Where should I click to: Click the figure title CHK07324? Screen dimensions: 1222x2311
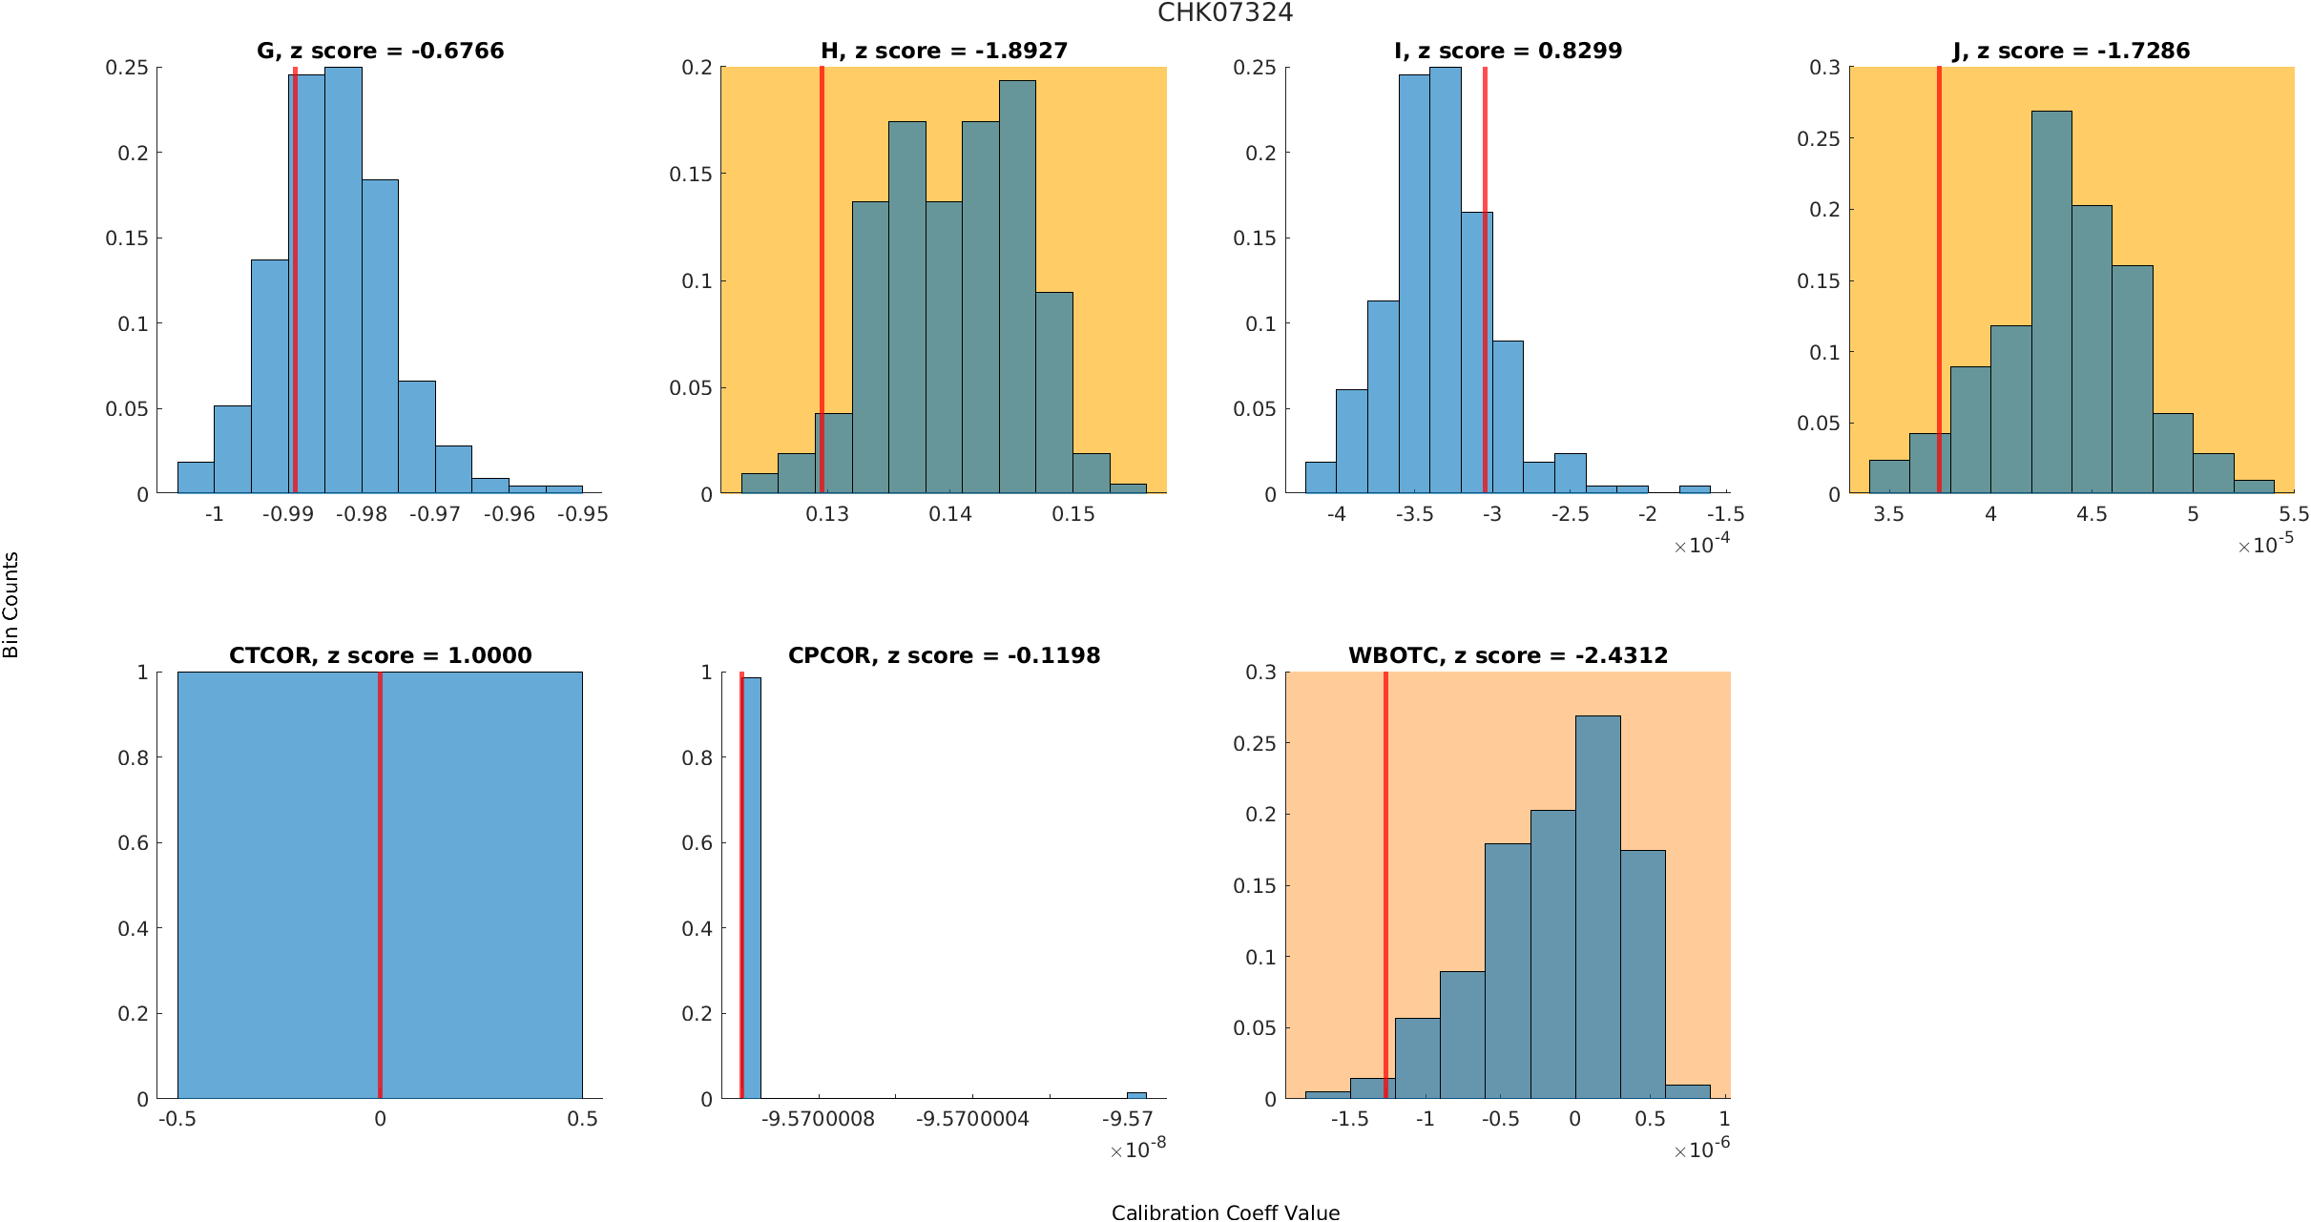(x=1225, y=12)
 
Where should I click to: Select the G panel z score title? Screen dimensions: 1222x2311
(x=380, y=51)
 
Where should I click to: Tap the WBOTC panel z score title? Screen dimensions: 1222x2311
(x=1508, y=655)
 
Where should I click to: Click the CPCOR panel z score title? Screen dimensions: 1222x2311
(x=944, y=655)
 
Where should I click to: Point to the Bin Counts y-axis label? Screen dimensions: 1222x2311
(x=11, y=605)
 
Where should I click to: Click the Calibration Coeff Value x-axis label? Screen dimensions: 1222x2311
(x=1225, y=1212)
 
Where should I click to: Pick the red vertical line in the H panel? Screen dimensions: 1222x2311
(x=822, y=277)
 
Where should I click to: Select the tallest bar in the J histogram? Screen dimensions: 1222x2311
(x=2051, y=305)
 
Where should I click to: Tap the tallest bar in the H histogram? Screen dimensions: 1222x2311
(x=1017, y=286)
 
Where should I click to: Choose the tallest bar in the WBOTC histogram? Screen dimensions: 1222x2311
(x=1597, y=906)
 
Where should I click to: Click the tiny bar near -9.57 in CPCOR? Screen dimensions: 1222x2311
(x=1136, y=1095)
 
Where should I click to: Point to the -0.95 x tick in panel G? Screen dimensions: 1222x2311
(x=582, y=514)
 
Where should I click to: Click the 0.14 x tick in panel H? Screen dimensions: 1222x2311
(x=950, y=514)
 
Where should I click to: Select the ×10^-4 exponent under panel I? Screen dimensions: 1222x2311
(x=1702, y=545)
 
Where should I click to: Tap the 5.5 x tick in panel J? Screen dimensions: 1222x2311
(x=2294, y=514)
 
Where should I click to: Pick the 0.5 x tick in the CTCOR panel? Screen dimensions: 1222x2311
(x=582, y=1119)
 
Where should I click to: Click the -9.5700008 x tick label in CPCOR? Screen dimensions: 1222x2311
(x=818, y=1119)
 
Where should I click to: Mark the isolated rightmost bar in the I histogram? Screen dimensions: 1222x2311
(x=1695, y=489)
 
